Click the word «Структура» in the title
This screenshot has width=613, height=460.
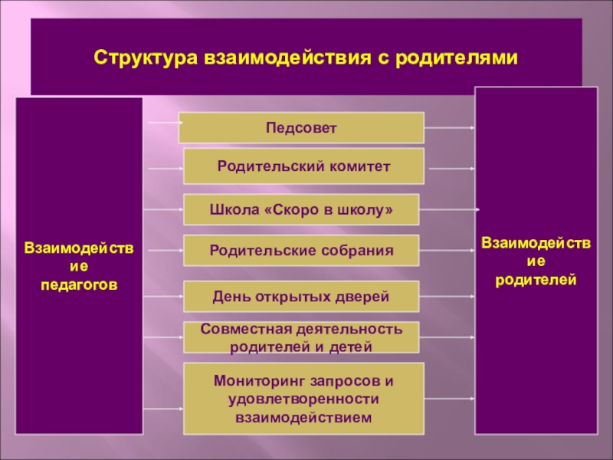click(145, 58)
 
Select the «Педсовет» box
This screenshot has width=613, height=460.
click(301, 127)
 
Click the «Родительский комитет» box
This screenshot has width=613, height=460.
click(303, 166)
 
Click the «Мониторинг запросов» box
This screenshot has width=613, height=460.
click(303, 399)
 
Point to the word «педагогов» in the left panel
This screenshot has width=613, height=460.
click(80, 283)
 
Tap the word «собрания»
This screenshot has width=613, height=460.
click(356, 251)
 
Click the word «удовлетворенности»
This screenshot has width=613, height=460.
click(303, 399)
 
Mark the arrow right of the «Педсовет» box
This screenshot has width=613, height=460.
click(449, 127)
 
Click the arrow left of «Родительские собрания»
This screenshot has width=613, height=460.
click(162, 251)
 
